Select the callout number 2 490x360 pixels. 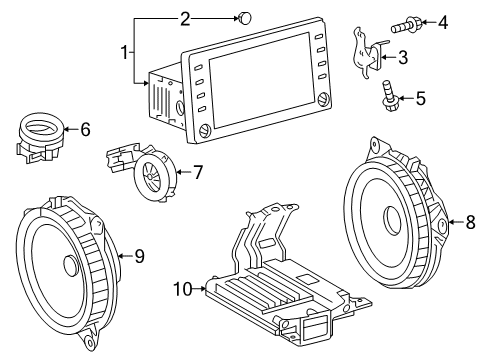(184, 17)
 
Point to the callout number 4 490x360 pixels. (443, 19)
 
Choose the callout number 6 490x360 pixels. (85, 128)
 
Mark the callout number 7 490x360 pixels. (197, 171)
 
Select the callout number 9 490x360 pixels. (139, 256)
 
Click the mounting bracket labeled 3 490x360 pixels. (367, 54)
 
